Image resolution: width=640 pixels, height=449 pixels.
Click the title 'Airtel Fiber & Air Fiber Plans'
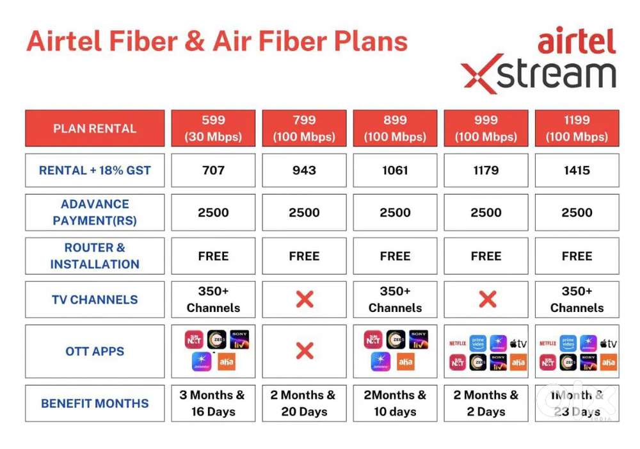click(x=217, y=42)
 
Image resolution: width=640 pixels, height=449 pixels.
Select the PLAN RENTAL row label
click(x=95, y=128)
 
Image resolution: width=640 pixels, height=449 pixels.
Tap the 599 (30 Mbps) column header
click(x=213, y=128)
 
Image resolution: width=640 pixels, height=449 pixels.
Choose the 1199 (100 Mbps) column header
click(x=577, y=128)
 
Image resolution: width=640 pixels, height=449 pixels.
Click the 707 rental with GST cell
click(x=213, y=170)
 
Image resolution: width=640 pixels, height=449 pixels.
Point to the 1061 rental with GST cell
click(x=395, y=170)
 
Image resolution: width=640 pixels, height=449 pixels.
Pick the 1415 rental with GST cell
click(x=577, y=170)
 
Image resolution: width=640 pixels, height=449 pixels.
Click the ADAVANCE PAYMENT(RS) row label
click(x=95, y=213)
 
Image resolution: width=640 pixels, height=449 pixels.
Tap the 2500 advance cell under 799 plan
click(x=304, y=213)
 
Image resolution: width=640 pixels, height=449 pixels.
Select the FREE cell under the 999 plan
click(x=486, y=256)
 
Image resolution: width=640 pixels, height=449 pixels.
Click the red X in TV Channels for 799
click(x=305, y=299)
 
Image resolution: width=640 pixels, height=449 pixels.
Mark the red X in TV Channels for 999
click(x=487, y=299)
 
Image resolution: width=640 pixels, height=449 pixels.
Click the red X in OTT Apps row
click(x=305, y=351)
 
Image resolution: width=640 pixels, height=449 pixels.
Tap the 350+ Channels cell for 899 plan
click(x=395, y=299)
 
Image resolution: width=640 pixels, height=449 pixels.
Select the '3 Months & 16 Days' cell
click(x=213, y=404)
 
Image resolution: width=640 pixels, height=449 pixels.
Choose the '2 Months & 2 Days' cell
click(x=486, y=404)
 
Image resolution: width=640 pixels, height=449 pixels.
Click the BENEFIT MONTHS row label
click(x=95, y=404)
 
